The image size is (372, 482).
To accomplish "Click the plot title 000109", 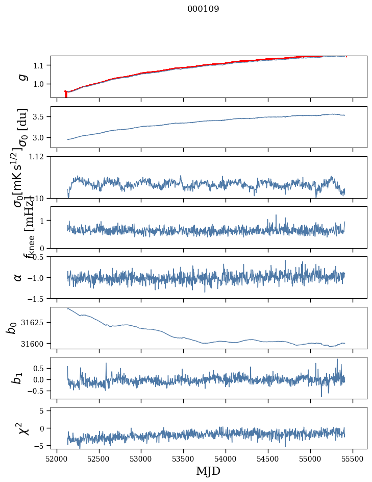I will click(203, 9).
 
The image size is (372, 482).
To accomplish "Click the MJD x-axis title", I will click(208, 471).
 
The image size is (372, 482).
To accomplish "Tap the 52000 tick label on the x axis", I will click(57, 459).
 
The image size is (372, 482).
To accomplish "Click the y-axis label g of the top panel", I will click(21, 77).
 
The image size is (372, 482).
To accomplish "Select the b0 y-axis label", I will click(12, 328).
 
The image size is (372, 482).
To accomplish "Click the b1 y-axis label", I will click(18, 378).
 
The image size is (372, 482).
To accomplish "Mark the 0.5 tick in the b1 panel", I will click(41, 368).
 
